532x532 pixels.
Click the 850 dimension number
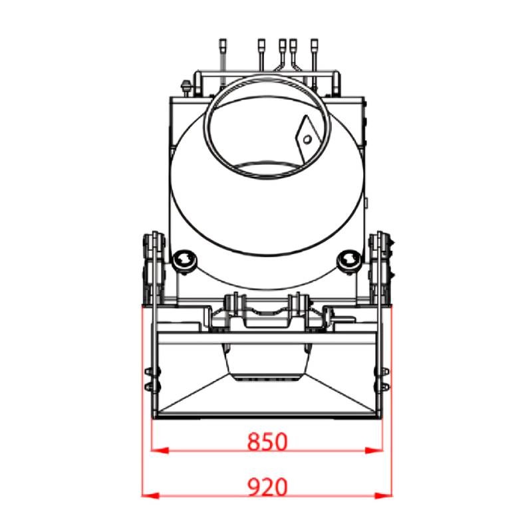267,442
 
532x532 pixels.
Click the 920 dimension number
267,487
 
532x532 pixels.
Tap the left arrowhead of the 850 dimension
160,451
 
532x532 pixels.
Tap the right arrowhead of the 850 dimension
374,451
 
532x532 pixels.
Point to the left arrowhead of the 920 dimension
150,495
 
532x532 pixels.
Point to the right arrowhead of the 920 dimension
384,495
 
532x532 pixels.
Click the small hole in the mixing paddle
307,139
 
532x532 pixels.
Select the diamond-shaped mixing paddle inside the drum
307,139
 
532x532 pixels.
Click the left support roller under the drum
184,261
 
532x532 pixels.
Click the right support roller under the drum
348,261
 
